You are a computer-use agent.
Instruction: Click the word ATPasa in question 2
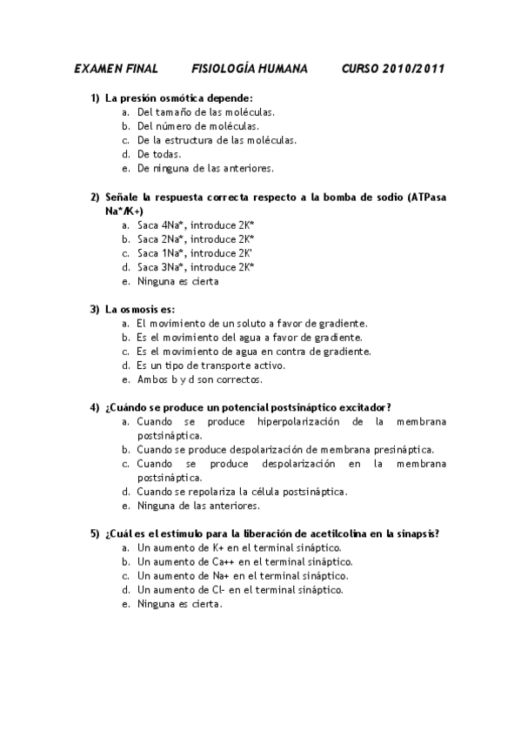[426, 197]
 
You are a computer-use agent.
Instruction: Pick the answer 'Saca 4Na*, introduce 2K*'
[196, 225]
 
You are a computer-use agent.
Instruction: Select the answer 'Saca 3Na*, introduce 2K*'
[196, 267]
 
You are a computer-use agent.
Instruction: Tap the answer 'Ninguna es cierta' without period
[178, 281]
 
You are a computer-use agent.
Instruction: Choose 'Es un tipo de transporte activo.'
[211, 365]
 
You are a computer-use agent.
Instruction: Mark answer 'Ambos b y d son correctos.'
[199, 379]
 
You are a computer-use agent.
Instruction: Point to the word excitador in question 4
[367, 406]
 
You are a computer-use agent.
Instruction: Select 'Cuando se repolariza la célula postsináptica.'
[242, 491]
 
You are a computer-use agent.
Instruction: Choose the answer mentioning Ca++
[232, 561]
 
